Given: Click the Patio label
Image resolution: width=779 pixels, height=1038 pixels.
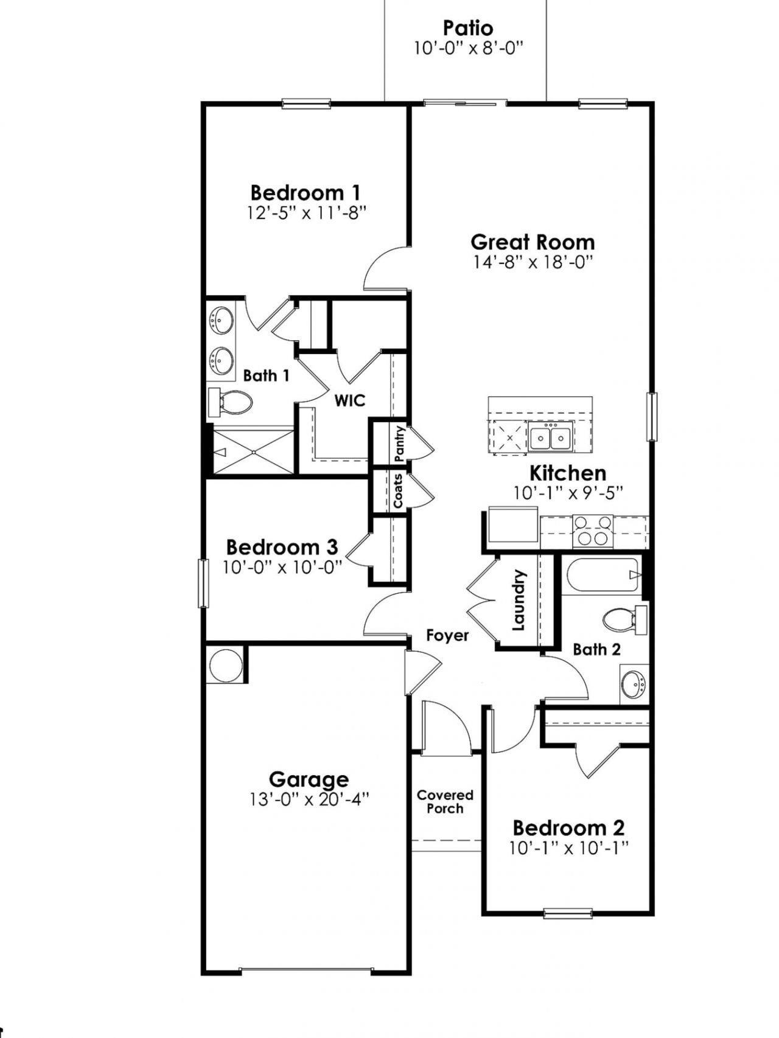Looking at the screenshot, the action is [468, 28].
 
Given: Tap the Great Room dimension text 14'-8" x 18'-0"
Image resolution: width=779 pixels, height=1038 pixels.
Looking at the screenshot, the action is [533, 262].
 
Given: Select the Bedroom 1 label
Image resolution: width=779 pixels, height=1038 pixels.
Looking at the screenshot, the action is [306, 193].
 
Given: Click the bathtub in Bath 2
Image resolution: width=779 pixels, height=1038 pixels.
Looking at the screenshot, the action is [601, 576].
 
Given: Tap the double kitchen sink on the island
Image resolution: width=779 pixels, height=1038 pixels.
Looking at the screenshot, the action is [550, 437].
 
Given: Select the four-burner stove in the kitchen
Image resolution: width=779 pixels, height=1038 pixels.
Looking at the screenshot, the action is [593, 531].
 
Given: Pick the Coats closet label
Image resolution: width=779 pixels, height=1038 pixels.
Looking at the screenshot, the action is [398, 491].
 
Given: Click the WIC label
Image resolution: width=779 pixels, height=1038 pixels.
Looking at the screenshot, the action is [350, 400].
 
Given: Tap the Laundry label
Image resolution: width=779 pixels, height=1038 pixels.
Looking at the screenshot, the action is [519, 600].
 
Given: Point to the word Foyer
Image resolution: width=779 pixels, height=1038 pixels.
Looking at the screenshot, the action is [447, 636].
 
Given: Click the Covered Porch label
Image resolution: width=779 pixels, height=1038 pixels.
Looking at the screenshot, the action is [445, 802].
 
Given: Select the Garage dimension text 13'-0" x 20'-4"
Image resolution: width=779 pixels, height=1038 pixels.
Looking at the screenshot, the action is [309, 799].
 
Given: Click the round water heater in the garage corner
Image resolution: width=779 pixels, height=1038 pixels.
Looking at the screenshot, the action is [225, 665].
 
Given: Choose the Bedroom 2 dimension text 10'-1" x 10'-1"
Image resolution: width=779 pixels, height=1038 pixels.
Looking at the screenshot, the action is [569, 848].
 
